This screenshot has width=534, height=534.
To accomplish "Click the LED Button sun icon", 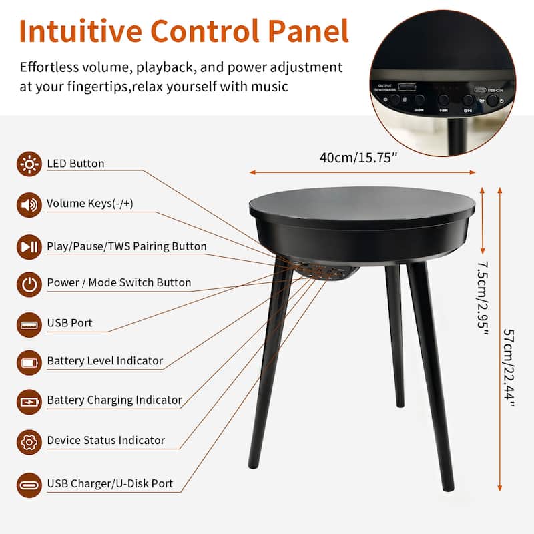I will pos(29,164).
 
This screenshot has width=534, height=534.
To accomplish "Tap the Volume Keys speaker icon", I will pos(29,204).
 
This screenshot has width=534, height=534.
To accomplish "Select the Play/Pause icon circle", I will pos(29,246).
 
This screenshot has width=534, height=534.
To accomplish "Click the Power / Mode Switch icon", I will pos(29,283).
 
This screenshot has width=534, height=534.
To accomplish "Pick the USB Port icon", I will pos(29,324).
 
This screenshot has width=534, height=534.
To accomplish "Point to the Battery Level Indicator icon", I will pos(29,362).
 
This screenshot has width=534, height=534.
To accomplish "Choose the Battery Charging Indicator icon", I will pos(29,401).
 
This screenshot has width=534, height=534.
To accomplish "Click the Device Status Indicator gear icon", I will pos(29,441).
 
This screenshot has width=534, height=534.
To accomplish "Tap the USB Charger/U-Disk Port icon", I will pos(29,484).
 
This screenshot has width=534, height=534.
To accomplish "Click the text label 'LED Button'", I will pos(75,164).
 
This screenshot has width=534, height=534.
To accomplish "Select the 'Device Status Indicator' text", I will pos(105,441).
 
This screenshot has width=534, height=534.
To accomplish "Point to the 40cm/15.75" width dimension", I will pos(359,158).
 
